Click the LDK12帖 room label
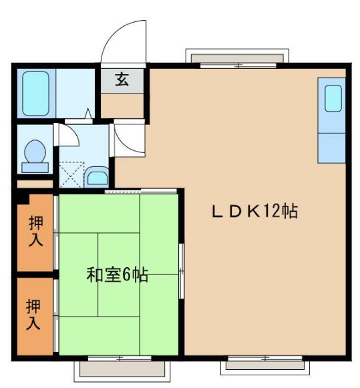[x=254, y=212]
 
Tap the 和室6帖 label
[x=117, y=274]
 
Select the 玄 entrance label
[x=122, y=80]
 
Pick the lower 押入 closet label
[x=34, y=315]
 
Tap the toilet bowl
[x=33, y=154]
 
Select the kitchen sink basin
[x=333, y=98]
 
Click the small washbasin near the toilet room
[x=97, y=177]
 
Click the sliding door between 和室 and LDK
[x=180, y=273]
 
